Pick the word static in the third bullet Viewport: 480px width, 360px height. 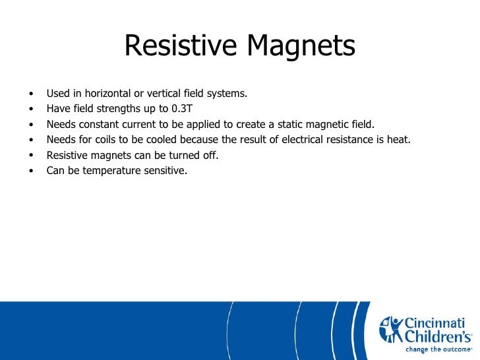click(x=289, y=124)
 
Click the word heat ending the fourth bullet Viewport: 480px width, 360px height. click(x=398, y=139)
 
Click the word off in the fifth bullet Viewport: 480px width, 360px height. click(x=210, y=155)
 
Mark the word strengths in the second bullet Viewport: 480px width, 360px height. click(x=109, y=108)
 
